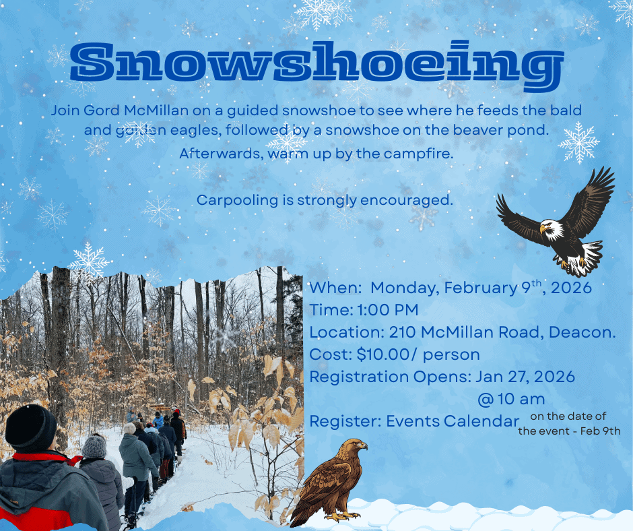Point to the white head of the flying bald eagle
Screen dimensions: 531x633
[x=552, y=230]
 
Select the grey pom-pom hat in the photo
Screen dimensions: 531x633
[x=94, y=445]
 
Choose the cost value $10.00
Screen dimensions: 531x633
[x=380, y=354]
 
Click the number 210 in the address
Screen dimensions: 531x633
[x=401, y=332]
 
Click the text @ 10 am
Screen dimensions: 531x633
[x=511, y=399]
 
